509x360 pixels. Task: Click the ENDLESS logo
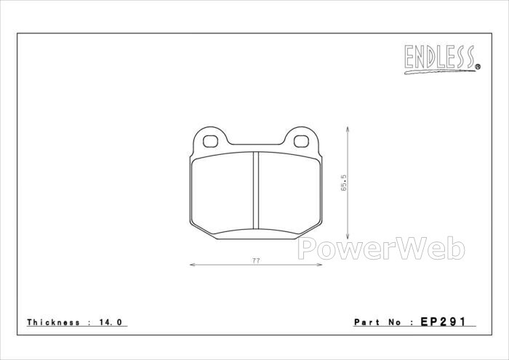pos(442,59)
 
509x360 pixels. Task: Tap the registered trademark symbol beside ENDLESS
pos(478,67)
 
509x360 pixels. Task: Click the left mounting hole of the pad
pos(210,141)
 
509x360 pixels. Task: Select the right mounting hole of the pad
pos(301,141)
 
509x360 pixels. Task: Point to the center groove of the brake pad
pos(256,191)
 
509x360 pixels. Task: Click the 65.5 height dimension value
pos(344,183)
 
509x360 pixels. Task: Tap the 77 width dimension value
pos(256,260)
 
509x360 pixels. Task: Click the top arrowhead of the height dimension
pos(348,129)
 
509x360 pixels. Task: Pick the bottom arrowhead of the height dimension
pos(348,236)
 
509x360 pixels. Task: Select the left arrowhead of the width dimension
pos(192,265)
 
